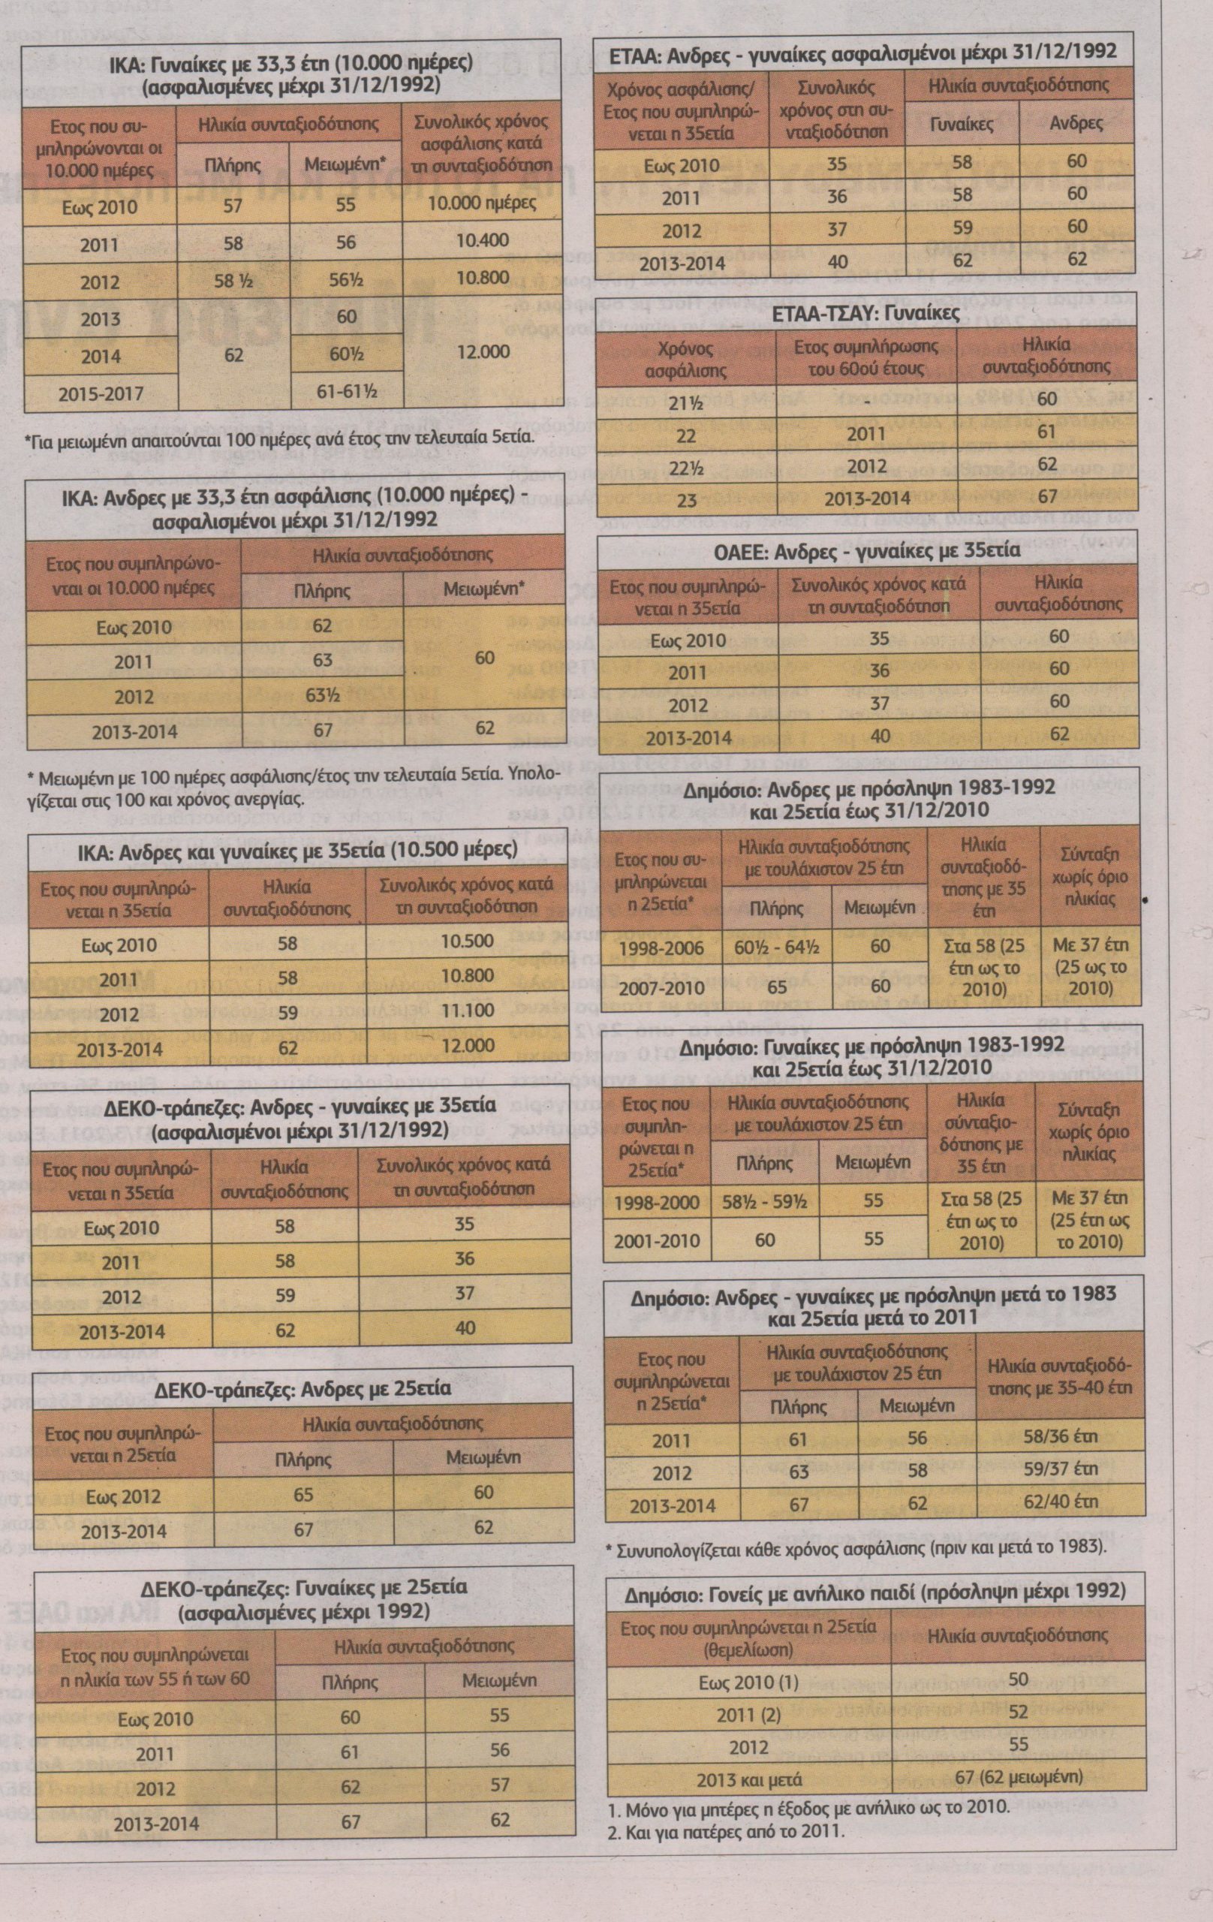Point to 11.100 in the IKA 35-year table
coord(467,1011)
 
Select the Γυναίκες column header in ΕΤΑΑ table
coord(962,123)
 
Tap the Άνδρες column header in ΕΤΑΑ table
coord(1076,123)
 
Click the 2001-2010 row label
coord(660,1240)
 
